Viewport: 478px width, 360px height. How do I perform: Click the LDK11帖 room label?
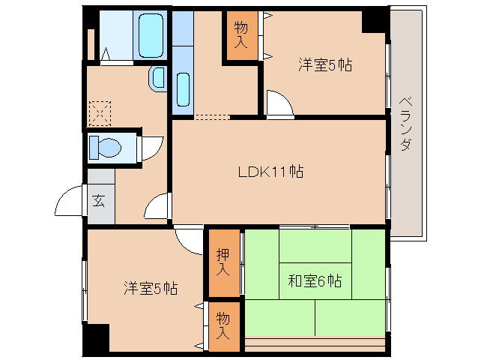270,172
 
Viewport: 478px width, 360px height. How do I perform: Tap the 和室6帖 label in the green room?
315,282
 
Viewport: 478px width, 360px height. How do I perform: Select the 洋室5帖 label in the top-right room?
325,65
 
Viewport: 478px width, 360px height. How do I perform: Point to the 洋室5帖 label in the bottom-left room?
151,288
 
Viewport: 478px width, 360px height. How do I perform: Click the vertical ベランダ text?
405,124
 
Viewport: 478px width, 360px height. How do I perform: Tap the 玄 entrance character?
99,201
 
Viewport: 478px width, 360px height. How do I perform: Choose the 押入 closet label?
223,262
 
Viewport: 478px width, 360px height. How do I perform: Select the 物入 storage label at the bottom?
223,325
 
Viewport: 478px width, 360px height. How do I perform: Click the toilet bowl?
104,147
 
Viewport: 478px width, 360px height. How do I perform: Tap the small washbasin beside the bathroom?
159,76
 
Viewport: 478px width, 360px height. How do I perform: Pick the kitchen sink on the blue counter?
183,90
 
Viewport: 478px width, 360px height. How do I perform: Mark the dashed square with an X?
99,113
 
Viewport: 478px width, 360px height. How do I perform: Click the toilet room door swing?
152,146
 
